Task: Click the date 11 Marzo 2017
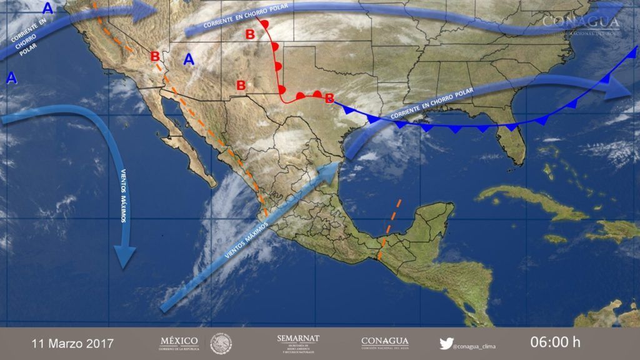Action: point(72,343)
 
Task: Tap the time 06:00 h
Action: point(555,342)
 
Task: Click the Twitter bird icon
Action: point(446,342)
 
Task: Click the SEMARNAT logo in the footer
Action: point(298,342)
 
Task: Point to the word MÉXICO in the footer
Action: point(179,341)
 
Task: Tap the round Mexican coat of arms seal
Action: point(221,342)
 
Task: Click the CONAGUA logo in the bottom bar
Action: point(386,342)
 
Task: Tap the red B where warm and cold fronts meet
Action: point(329,97)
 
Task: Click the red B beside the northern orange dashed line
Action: point(155,56)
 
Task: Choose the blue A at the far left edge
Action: point(11,78)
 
